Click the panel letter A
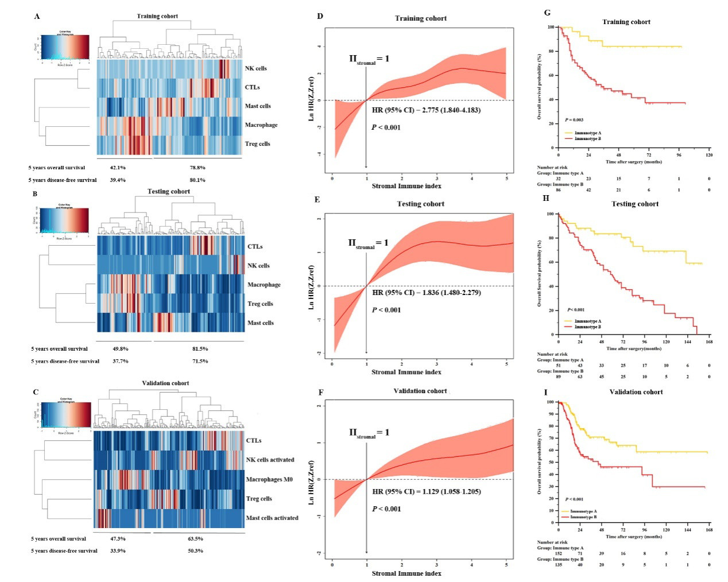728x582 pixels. tap(37, 16)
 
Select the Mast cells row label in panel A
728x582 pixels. tap(258, 106)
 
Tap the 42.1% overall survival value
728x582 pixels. tap(118, 168)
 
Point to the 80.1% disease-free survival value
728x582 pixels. tap(198, 180)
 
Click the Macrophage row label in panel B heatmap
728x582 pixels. tap(264, 285)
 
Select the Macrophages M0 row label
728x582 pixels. tap(269, 479)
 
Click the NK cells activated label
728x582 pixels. tap(270, 460)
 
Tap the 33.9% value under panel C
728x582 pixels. tap(118, 551)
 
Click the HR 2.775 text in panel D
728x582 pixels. tap(426, 110)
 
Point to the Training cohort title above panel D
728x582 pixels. tap(420, 18)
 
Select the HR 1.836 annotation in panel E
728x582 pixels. tap(426, 293)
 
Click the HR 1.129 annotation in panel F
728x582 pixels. tap(426, 492)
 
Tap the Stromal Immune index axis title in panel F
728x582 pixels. tap(406, 573)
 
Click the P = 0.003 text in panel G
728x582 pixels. tap(574, 120)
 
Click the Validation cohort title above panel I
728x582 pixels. tap(636, 392)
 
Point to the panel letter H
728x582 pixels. tap(545, 198)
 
